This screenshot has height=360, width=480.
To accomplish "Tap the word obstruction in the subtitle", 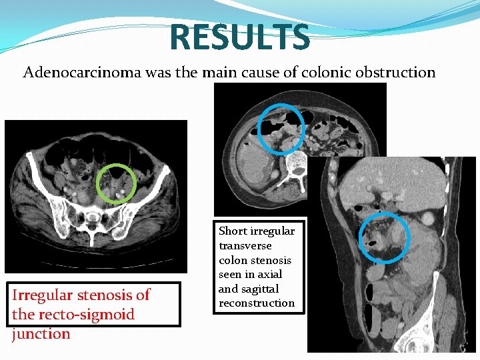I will click(399, 72).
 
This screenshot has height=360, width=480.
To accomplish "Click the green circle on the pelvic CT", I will click(116, 183).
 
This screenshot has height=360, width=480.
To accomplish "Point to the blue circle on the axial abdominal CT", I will click(281, 129).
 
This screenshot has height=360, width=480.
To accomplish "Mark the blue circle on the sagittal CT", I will click(385, 237).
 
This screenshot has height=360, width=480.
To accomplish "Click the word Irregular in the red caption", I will click(43, 295).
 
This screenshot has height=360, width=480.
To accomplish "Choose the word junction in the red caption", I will click(41, 334).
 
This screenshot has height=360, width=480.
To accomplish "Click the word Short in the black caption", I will click(233, 231).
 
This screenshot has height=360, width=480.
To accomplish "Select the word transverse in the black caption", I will click(246, 245).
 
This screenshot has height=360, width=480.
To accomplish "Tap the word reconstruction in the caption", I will click(257, 303).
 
